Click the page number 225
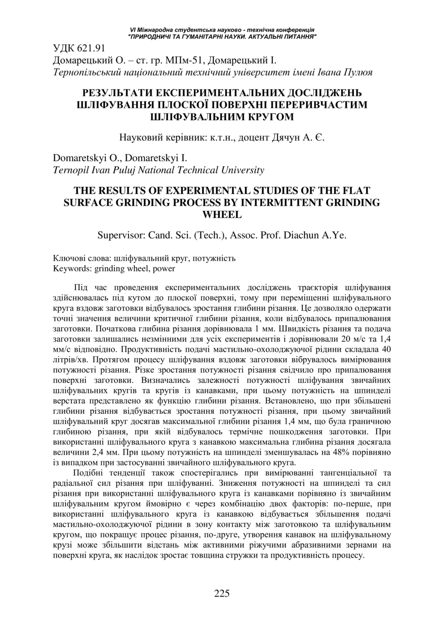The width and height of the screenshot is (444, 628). (222, 594)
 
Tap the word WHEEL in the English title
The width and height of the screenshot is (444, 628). (222, 214)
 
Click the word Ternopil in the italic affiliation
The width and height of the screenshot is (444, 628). (69, 170)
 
